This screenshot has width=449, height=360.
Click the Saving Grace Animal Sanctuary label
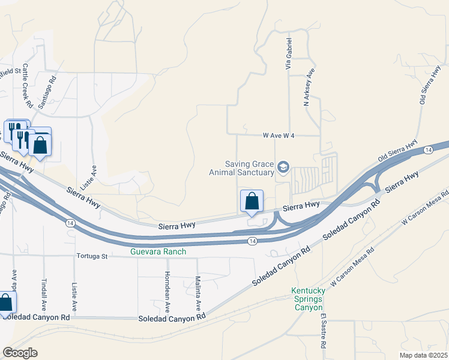click(x=249, y=169)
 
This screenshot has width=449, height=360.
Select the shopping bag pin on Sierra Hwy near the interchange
click(x=252, y=201)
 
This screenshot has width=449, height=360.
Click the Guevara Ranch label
click(x=158, y=251)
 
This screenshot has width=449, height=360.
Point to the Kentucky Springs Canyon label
click(x=309, y=299)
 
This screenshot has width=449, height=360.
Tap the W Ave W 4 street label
click(x=279, y=136)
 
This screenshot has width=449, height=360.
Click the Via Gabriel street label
click(x=289, y=54)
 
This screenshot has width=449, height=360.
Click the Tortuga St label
click(x=91, y=257)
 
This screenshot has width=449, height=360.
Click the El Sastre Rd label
click(x=323, y=331)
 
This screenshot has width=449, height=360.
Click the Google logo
click(x=20, y=352)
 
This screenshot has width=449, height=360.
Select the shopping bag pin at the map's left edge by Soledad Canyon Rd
click(x=5, y=304)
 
